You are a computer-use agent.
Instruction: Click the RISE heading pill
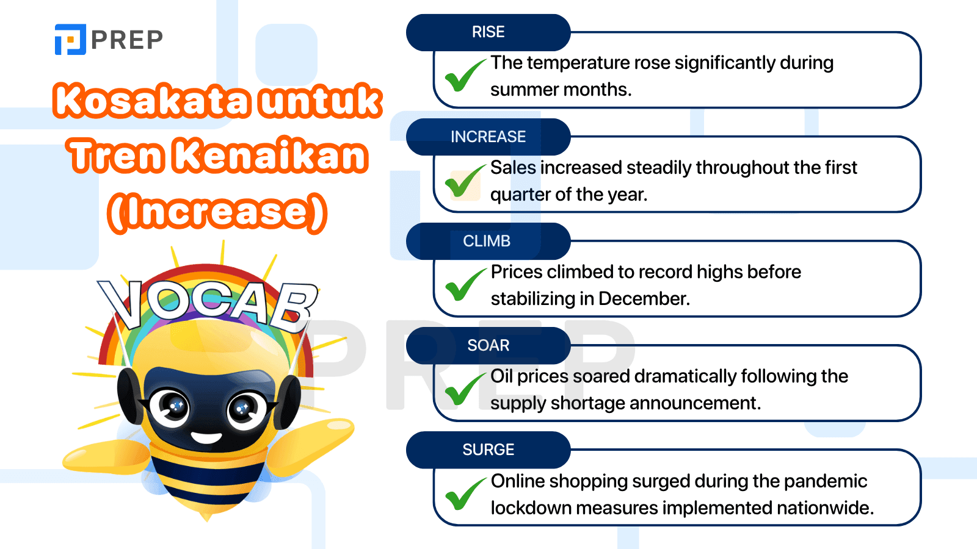(x=488, y=32)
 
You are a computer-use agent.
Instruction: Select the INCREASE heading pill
(x=488, y=137)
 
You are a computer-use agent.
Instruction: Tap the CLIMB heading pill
(x=488, y=241)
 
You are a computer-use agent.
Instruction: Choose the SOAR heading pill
(x=488, y=345)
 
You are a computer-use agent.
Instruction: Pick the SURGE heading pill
(x=488, y=450)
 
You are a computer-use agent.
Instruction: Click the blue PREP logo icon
(x=70, y=39)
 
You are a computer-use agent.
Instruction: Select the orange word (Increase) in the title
(x=217, y=212)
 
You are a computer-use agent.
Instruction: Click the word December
(x=644, y=299)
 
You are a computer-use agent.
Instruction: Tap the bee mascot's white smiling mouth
(x=206, y=437)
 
